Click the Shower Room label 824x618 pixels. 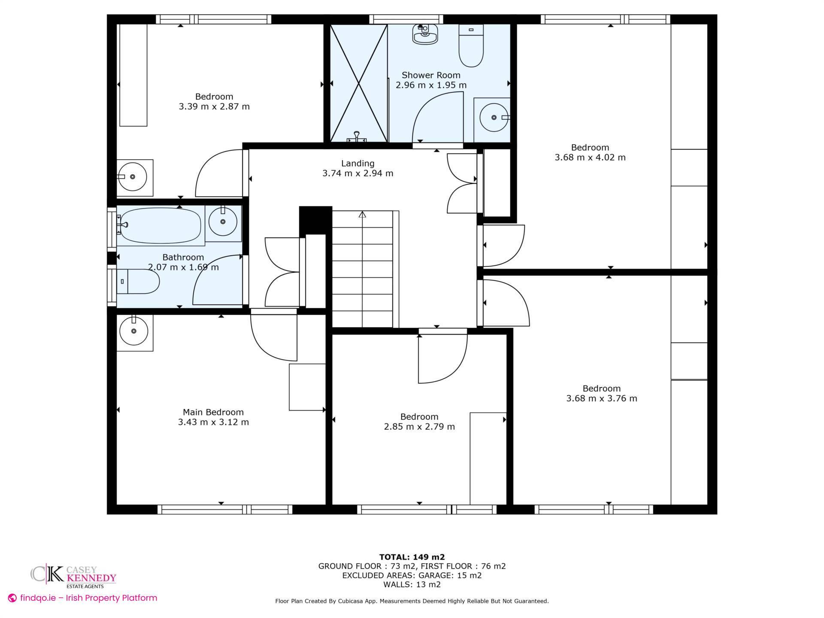(x=430, y=75)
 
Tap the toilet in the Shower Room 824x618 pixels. (x=471, y=47)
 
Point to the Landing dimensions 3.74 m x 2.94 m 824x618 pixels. (x=357, y=173)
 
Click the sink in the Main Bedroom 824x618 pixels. (x=134, y=331)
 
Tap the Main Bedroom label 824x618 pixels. (x=213, y=412)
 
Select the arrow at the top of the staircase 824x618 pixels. (x=362, y=214)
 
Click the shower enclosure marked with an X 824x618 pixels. (x=358, y=83)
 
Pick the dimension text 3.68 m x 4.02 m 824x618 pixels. (x=590, y=158)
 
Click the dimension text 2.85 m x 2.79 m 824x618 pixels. (x=419, y=427)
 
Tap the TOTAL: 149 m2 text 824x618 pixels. (x=412, y=557)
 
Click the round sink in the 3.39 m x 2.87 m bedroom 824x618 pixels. (x=133, y=176)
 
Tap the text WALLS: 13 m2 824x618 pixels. (x=412, y=585)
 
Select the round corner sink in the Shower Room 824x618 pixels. (x=494, y=118)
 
